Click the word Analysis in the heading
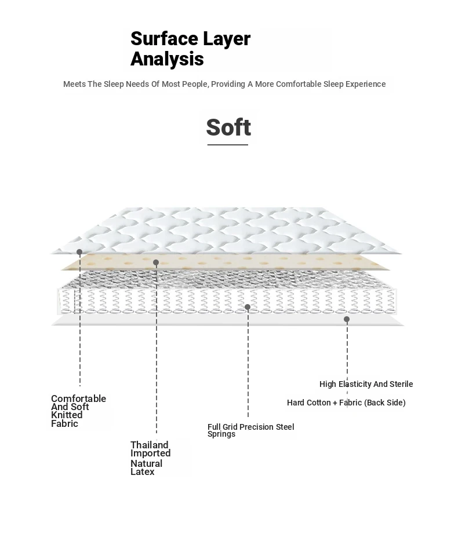167,59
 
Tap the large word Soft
228,127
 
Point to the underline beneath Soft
228,145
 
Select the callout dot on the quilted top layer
79,252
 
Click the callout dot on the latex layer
156,262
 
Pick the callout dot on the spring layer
248,307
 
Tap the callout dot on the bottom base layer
347,319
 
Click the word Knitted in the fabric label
67,415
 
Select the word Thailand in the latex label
149,445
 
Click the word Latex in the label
143,472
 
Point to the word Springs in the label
221,434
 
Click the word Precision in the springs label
257,427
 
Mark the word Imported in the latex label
150,454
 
